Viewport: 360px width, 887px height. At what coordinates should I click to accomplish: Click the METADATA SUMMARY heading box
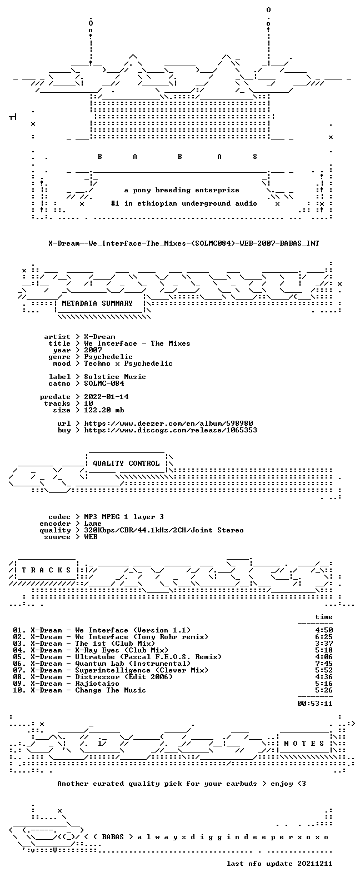point(97,303)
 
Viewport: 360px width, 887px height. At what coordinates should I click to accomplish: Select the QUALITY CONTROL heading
point(126,464)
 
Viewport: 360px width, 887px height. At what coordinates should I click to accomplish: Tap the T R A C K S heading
point(46,570)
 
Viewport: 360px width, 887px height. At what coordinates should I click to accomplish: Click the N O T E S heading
point(304,743)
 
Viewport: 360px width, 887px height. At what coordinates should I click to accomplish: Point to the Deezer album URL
point(168,423)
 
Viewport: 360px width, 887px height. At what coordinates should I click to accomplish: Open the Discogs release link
point(171,430)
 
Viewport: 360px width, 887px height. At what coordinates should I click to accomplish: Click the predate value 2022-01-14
point(106,397)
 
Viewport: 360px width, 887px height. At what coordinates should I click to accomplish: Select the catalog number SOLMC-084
point(104,383)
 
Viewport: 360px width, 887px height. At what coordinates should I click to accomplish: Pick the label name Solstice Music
point(115,377)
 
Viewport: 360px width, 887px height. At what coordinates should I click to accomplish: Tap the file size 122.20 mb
point(104,410)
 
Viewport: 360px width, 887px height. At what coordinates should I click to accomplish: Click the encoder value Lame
point(93,524)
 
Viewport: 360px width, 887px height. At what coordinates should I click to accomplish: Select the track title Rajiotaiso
point(97,684)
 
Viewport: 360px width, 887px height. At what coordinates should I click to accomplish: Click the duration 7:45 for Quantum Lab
point(324,663)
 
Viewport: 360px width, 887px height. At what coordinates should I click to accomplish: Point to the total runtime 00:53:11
point(315,704)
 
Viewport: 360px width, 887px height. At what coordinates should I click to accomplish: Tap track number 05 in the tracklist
point(17,657)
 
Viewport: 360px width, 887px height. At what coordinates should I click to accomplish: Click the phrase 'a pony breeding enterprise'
point(182,190)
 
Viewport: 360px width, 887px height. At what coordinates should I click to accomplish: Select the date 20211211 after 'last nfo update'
point(315,864)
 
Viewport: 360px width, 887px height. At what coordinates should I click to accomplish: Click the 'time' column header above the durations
point(324,617)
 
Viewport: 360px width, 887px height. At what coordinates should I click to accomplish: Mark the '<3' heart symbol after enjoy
point(302,783)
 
